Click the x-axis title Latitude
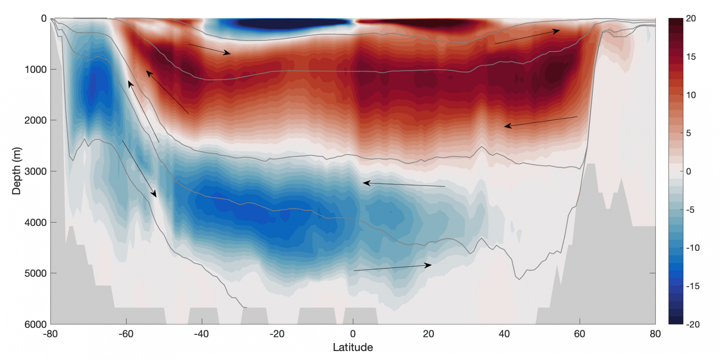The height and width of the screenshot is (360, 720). (352, 347)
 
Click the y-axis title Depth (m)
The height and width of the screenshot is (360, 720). (17, 171)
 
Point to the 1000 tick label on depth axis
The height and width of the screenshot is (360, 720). (35, 69)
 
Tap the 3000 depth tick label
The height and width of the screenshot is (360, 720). (35, 171)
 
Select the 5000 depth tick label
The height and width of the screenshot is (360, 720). (35, 273)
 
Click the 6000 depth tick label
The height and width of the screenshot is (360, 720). (35, 324)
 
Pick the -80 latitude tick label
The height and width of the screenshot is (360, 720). (50, 334)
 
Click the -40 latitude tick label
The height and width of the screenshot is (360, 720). (201, 334)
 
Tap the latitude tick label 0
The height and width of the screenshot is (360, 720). (353, 334)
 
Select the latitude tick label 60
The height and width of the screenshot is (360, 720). (580, 334)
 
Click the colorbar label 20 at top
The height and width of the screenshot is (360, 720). (690, 18)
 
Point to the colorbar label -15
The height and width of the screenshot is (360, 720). (692, 286)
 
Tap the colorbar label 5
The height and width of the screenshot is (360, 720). (688, 133)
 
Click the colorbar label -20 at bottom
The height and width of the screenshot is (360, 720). (692, 324)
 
